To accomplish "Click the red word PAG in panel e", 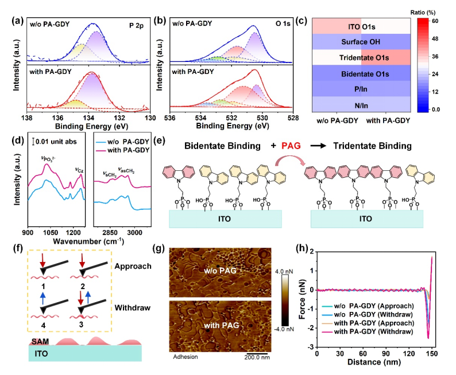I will click(x=295, y=146).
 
